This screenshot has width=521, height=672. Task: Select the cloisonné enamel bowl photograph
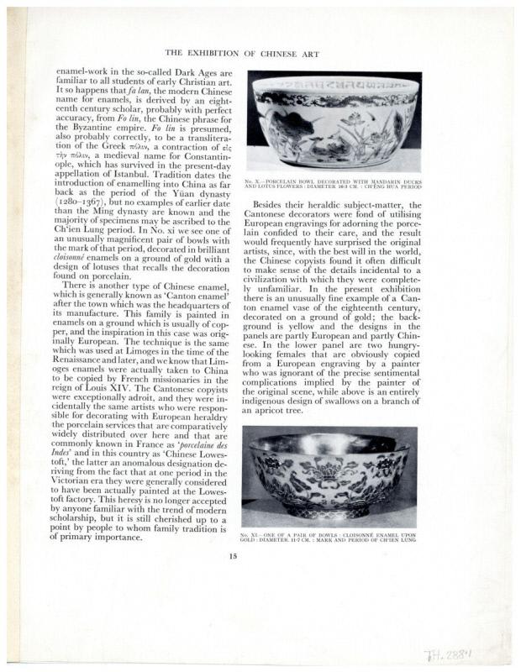329,475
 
